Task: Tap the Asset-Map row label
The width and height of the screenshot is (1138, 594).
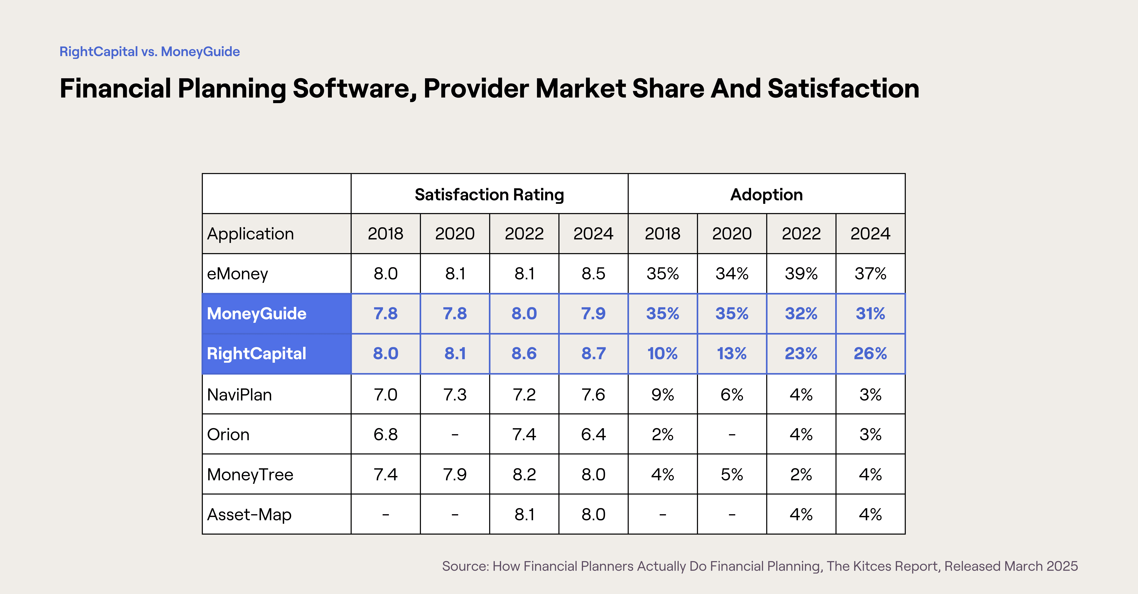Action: click(249, 514)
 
